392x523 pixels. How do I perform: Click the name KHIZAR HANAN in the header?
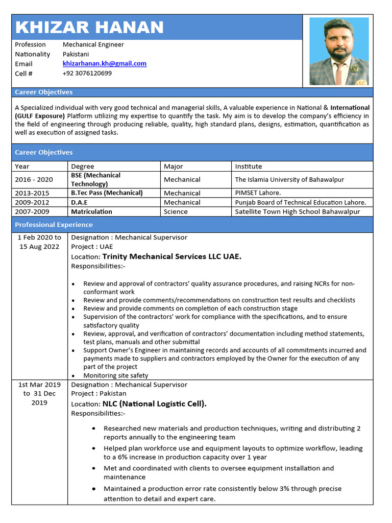[89, 27]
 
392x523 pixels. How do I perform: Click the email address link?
[104, 64]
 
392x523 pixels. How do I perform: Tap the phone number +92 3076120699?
[87, 73]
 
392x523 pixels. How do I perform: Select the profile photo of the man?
[339, 51]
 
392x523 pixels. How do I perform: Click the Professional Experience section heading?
[54, 225]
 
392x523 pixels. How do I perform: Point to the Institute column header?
[248, 166]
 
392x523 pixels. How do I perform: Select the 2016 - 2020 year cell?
[34, 180]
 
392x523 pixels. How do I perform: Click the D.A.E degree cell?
[79, 202]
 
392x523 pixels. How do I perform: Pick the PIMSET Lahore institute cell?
[258, 193]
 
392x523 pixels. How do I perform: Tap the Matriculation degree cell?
[91, 211]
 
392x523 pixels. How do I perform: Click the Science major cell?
[176, 211]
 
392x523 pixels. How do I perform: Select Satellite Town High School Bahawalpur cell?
[297, 211]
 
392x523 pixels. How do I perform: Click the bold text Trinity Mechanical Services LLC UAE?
[171, 256]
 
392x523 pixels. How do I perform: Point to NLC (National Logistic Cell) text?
[154, 403]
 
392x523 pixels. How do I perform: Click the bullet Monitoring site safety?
[115, 375]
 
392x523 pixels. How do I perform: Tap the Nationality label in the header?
[33, 54]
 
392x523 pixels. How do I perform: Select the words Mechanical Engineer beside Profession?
[93, 44]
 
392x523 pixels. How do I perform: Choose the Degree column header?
[82, 166]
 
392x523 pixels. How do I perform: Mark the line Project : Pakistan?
[99, 394]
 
